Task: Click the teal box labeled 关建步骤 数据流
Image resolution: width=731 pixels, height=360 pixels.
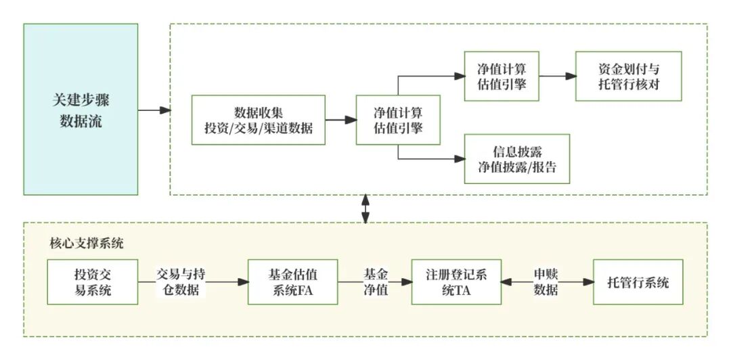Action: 81,110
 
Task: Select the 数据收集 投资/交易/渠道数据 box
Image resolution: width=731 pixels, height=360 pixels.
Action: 258,120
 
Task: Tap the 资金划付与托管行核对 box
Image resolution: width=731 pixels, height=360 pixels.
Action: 629,76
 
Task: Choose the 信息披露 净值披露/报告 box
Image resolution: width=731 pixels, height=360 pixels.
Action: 517,158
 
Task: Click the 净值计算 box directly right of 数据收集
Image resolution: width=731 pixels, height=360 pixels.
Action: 398,120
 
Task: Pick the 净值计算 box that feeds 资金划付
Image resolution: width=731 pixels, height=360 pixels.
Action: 502,76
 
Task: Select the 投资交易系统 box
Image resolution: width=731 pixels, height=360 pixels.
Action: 92,282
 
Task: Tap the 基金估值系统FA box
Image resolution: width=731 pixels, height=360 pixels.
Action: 292,282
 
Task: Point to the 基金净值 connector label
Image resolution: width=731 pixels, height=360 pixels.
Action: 376,282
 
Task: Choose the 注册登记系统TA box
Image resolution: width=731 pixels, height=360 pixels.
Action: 458,282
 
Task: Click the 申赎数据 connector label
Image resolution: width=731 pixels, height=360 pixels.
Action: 546,282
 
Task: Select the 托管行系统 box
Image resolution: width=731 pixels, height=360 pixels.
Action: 638,282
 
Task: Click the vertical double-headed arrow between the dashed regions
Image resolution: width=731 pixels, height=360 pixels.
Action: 366,208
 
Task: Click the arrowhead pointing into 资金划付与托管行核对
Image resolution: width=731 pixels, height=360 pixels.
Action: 571,76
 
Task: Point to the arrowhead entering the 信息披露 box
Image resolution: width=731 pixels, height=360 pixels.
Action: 460,158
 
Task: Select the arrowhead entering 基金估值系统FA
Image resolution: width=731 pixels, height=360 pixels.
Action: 244,282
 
